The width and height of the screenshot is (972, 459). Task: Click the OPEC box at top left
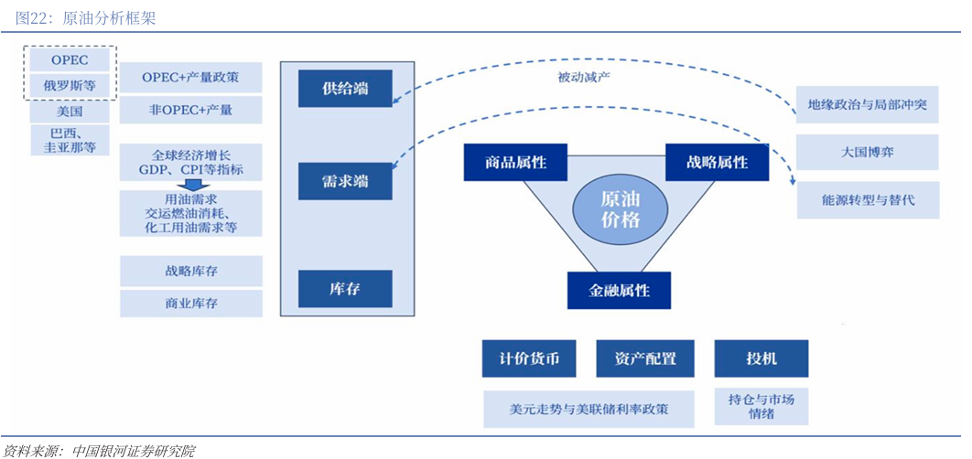(x=70, y=59)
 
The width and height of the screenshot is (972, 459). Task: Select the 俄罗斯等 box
(x=70, y=86)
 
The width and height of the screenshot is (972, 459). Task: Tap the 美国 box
(x=70, y=112)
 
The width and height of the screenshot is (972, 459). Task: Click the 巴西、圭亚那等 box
(x=70, y=140)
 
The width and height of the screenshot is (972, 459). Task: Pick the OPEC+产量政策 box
(x=190, y=78)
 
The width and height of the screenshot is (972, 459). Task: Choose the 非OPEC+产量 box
(x=190, y=110)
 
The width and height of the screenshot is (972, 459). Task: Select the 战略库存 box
(x=190, y=271)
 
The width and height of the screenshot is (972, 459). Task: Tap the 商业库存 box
(x=190, y=303)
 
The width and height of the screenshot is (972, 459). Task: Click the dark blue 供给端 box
(x=345, y=88)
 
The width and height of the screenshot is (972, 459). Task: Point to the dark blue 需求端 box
(x=345, y=181)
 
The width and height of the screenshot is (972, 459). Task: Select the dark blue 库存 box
(x=345, y=288)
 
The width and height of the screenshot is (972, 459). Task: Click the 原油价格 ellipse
(x=621, y=209)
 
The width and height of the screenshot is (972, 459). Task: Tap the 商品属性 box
(x=515, y=162)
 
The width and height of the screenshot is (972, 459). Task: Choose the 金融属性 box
(x=619, y=290)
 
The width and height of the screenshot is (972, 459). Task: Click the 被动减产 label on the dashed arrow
(x=584, y=77)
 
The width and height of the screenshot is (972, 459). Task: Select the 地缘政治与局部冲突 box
(x=867, y=104)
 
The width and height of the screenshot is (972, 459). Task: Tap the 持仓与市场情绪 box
(x=761, y=406)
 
